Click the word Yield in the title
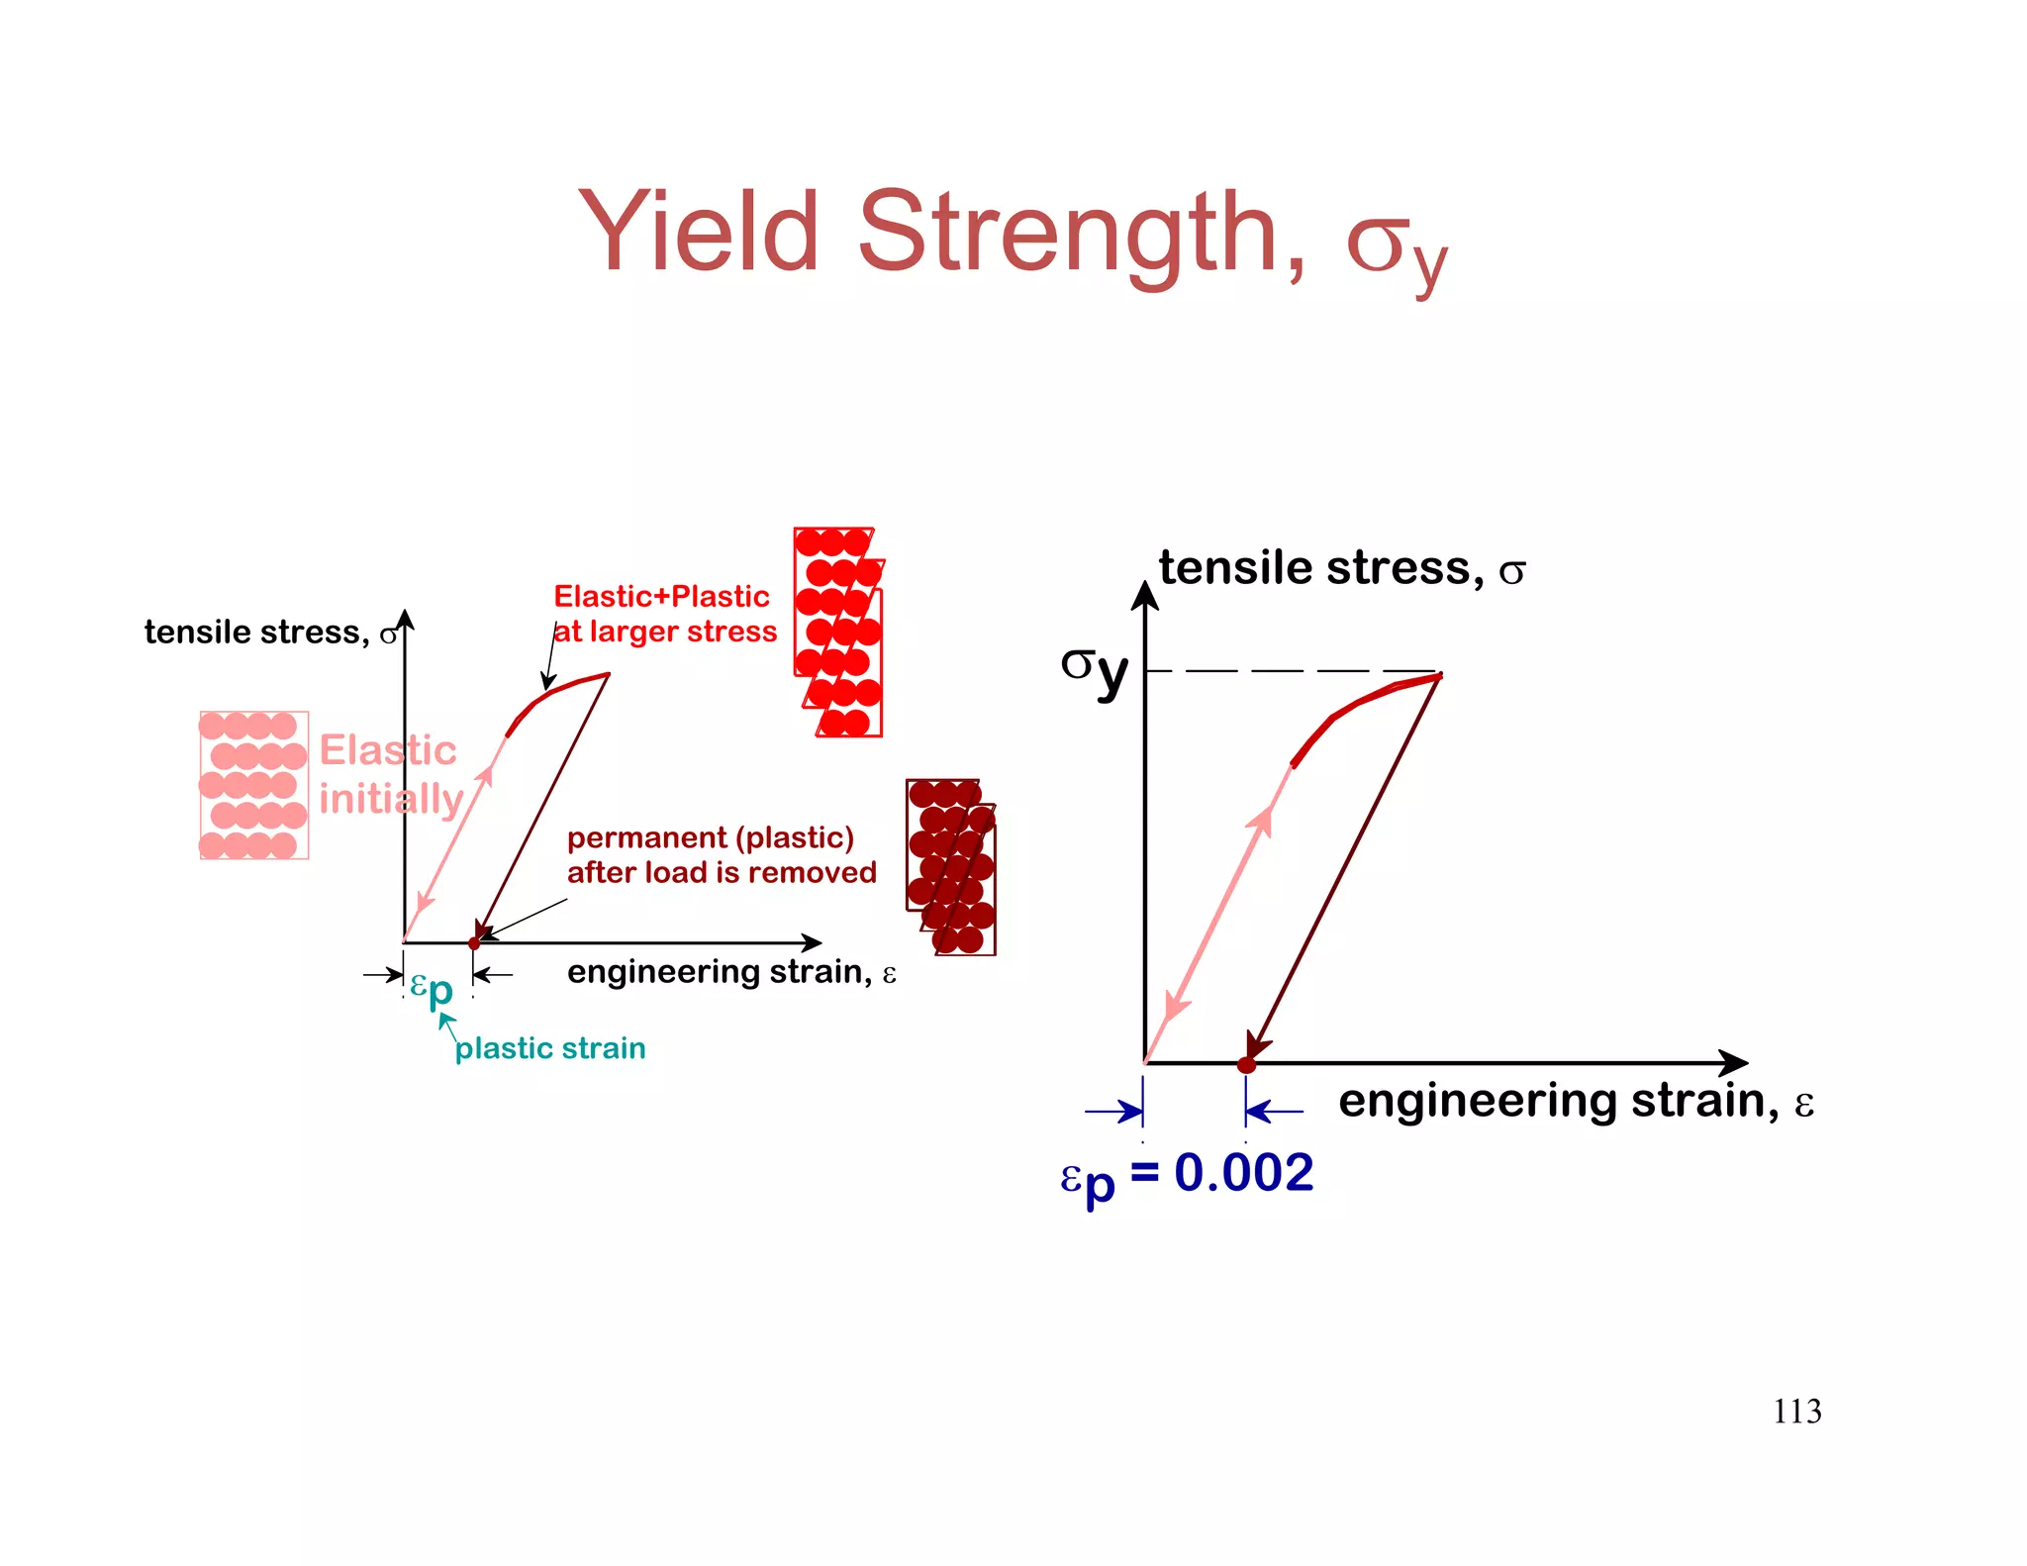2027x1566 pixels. (x=698, y=233)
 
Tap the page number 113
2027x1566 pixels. (x=1796, y=1411)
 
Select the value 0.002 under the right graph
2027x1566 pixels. (x=1244, y=1173)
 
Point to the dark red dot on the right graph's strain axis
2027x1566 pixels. (x=1246, y=1065)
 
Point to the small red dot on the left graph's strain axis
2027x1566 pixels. (x=474, y=943)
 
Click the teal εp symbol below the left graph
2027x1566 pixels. (x=432, y=988)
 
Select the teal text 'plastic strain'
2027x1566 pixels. (x=549, y=1048)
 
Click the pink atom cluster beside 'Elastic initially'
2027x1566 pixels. (x=253, y=785)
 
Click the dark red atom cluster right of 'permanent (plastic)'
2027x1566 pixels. (x=951, y=867)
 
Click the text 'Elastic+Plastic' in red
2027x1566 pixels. (x=661, y=596)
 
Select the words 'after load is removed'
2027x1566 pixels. (x=722, y=872)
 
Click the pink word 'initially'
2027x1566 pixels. (x=391, y=799)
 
